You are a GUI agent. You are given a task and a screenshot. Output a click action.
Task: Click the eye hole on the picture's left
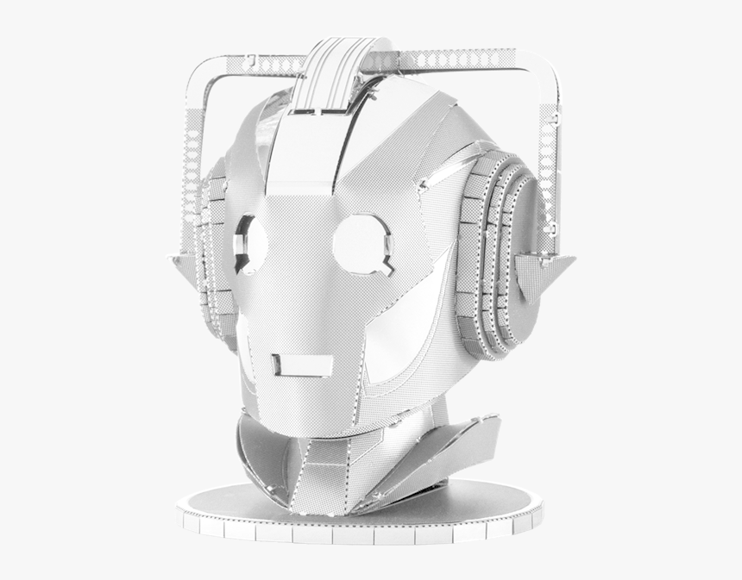click(x=250, y=244)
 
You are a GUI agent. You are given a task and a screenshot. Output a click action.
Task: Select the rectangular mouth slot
click(x=303, y=365)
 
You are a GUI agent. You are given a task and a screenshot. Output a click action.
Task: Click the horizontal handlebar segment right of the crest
click(x=449, y=59)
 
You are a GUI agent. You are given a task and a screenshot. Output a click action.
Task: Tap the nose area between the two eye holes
click(x=302, y=259)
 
